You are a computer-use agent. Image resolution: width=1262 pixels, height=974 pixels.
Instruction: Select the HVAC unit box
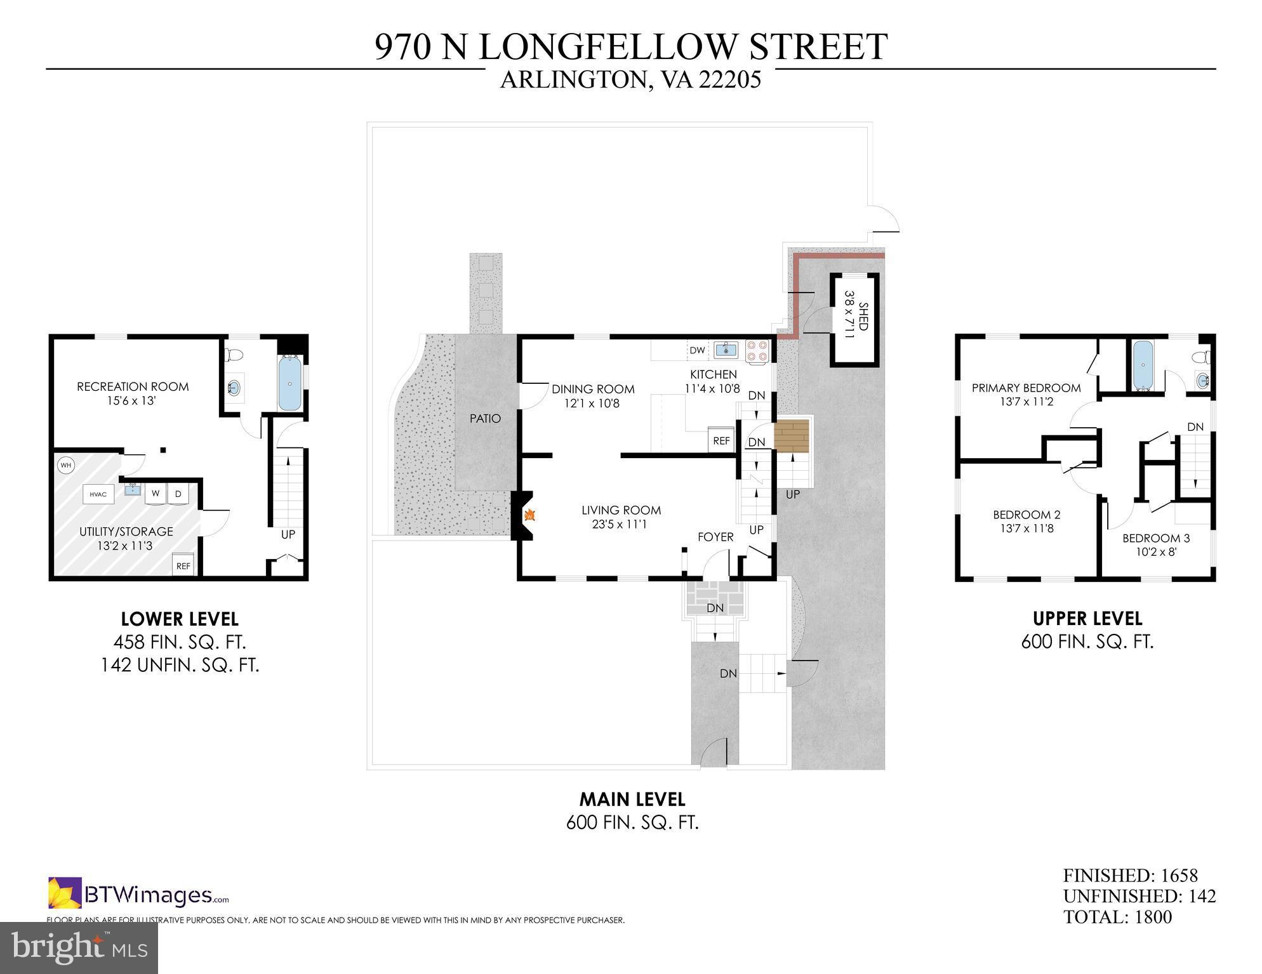click(x=98, y=494)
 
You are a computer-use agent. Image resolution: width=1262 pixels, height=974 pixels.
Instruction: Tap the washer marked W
click(x=155, y=494)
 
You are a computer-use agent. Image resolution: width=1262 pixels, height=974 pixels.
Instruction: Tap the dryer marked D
click(x=178, y=494)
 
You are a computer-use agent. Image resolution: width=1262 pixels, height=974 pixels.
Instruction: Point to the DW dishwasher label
click(x=697, y=350)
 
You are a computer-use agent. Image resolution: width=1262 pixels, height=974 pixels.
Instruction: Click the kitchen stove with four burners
click(x=757, y=351)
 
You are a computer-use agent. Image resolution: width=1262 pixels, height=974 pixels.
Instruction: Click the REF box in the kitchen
click(x=721, y=440)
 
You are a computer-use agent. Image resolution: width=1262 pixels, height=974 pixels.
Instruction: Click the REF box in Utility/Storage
click(x=183, y=565)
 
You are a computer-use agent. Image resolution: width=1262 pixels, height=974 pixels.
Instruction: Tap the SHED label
click(x=863, y=316)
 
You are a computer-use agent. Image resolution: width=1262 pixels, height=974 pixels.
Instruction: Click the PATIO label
click(x=485, y=418)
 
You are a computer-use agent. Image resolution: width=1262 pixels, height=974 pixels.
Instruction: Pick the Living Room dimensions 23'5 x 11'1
click(x=621, y=524)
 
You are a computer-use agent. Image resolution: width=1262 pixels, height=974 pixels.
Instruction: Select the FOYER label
click(x=715, y=537)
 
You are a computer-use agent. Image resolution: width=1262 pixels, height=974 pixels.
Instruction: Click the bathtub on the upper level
click(x=1143, y=365)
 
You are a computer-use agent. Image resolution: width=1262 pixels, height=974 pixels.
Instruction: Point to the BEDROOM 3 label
click(x=1156, y=538)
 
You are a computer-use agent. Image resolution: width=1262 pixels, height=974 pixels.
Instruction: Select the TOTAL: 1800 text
click(x=1117, y=917)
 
